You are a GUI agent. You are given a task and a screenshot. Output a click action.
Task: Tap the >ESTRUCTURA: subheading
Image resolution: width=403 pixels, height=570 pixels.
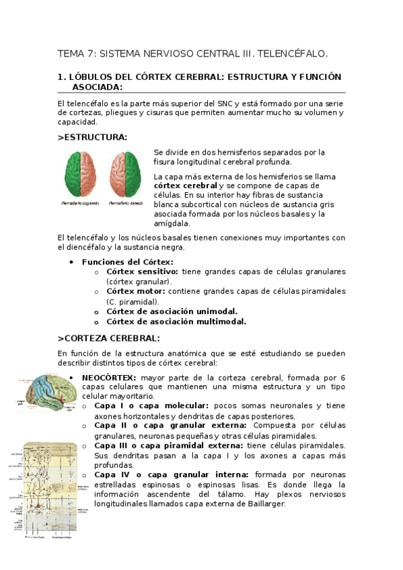click(92, 137)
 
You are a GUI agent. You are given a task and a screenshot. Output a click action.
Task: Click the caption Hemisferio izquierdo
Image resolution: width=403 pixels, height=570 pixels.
click(80, 202)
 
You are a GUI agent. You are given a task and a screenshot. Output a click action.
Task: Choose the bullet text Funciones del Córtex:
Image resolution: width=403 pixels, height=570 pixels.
click(127, 261)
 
